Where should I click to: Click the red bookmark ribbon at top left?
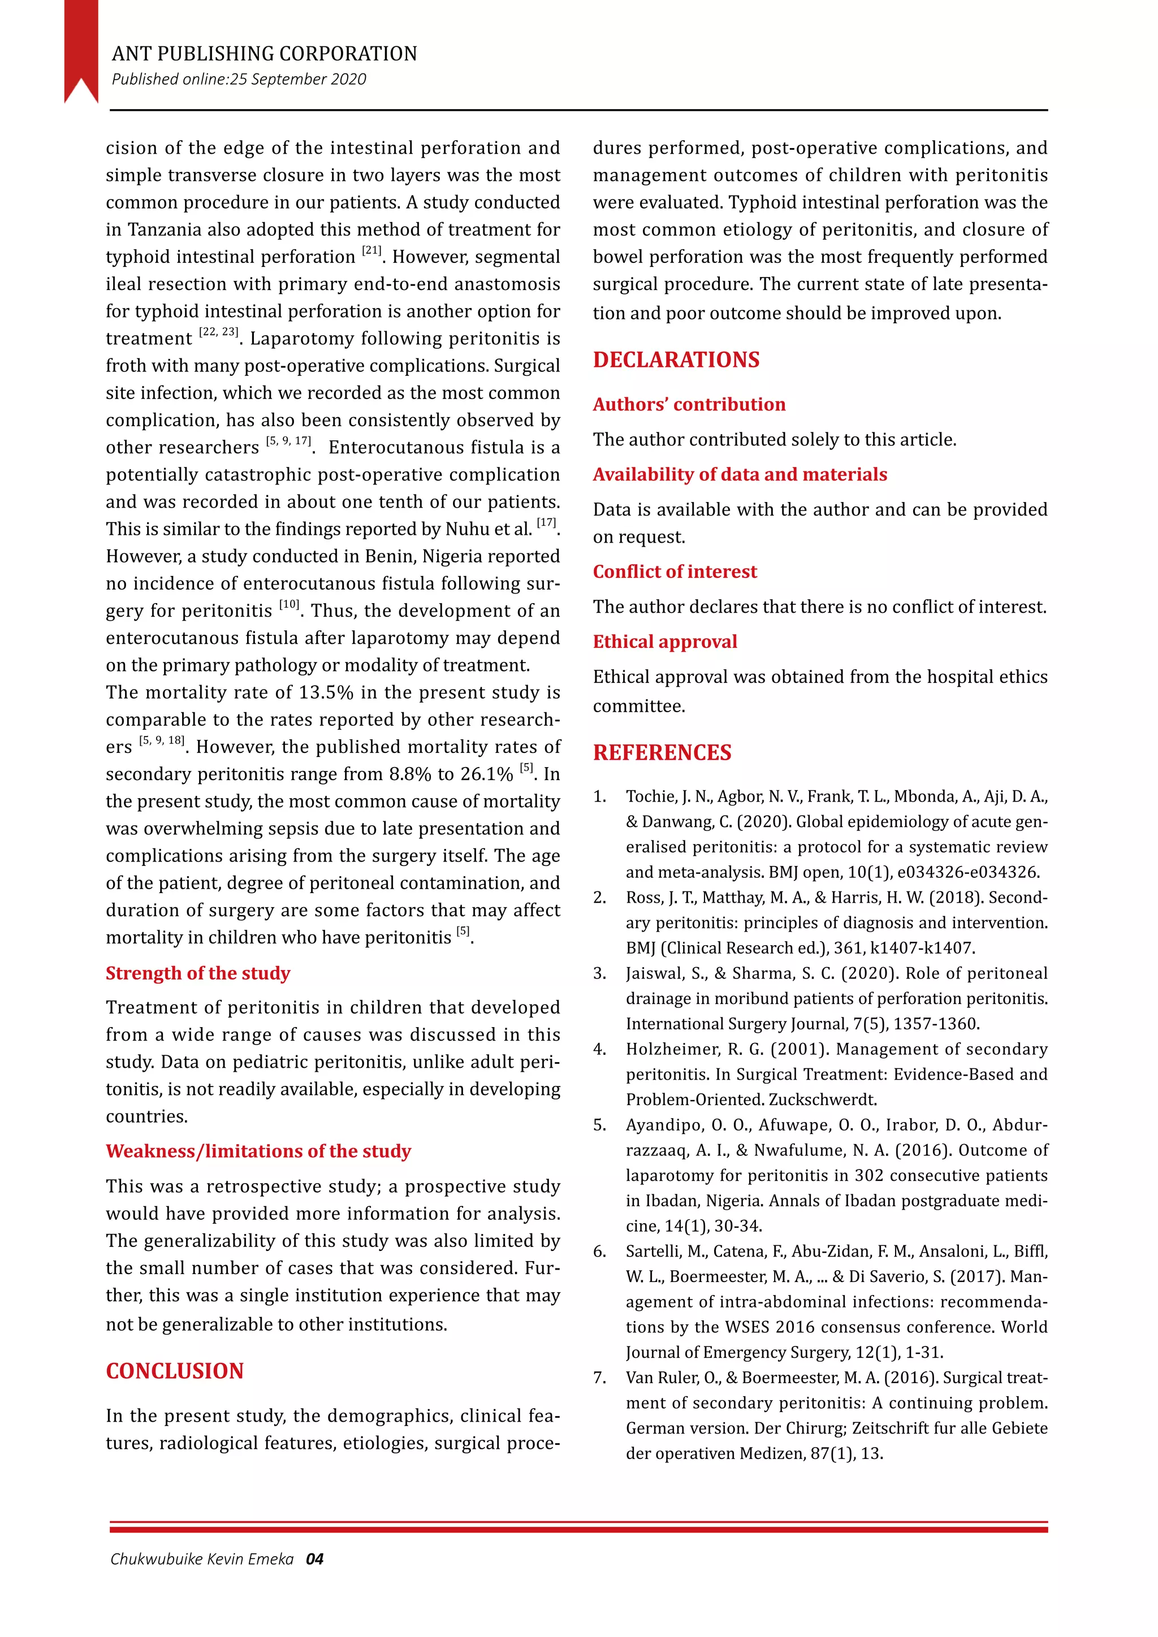(81, 46)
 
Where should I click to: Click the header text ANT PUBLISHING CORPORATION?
(264, 54)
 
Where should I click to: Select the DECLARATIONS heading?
(676, 360)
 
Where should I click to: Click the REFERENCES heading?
(662, 752)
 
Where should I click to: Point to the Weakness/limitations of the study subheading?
(258, 1151)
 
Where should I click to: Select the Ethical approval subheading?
(664, 641)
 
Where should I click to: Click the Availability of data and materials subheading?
(740, 474)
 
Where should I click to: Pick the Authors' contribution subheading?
(689, 404)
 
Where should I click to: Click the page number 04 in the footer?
(314, 1560)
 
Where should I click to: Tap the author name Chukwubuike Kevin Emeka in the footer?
(202, 1560)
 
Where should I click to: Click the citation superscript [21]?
(371, 250)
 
